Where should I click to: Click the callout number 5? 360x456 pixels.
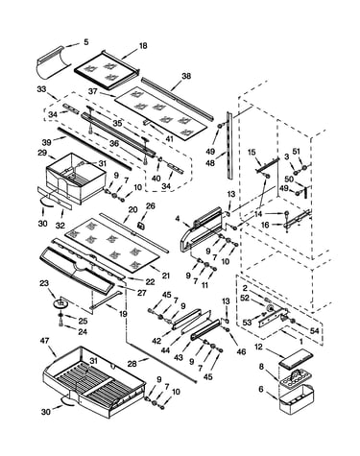86,42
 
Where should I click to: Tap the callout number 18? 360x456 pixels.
143,46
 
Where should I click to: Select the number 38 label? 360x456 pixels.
186,76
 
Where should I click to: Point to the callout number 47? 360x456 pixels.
45,341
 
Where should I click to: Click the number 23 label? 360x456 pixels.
44,283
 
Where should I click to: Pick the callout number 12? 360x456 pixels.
258,347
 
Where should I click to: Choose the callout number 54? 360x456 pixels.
315,331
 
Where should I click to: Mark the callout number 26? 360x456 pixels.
150,205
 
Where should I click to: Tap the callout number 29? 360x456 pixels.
42,153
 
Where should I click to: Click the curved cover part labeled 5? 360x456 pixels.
53,63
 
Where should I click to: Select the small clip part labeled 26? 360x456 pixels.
140,226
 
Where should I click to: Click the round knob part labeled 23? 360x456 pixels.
60,302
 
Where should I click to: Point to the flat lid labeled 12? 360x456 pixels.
296,359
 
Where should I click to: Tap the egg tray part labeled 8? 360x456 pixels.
295,377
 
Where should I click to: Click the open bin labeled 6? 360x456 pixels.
297,398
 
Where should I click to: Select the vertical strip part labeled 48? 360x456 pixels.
229,145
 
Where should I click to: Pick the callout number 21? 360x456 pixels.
165,276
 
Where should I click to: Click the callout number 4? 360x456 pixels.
178,219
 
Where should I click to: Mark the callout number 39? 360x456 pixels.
46,142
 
